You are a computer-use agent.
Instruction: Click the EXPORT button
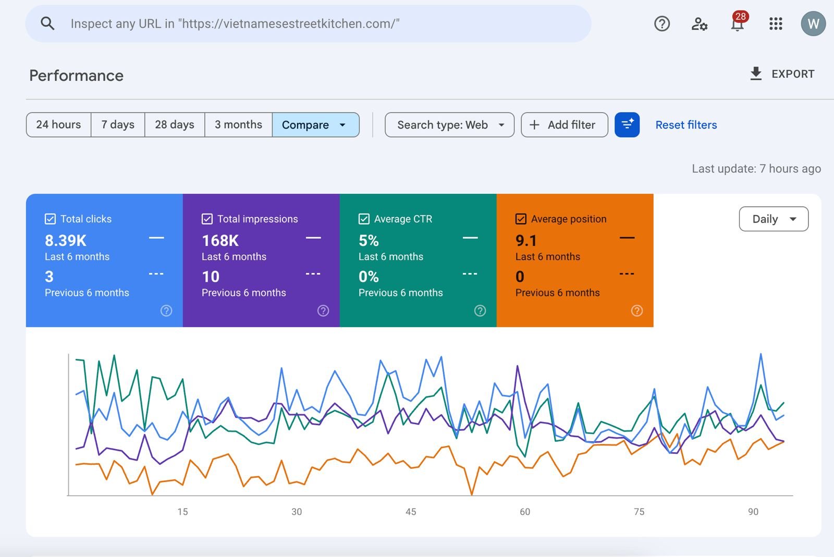click(782, 73)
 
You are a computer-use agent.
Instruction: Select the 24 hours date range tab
click(58, 125)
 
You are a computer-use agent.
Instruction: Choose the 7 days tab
click(118, 125)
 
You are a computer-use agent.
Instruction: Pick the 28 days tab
click(175, 125)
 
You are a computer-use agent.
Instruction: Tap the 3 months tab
click(238, 125)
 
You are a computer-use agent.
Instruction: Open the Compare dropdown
click(316, 125)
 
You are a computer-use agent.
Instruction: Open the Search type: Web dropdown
click(449, 125)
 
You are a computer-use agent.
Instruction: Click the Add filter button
click(565, 125)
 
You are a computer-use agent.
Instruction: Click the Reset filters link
click(686, 125)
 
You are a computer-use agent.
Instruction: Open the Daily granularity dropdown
click(774, 219)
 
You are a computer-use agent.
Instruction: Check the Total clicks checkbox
click(50, 219)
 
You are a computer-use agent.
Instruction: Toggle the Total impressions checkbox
click(207, 219)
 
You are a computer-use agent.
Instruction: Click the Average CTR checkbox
click(364, 219)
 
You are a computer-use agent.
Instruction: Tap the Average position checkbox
click(521, 219)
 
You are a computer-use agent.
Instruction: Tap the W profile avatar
click(813, 23)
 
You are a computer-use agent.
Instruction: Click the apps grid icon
click(776, 23)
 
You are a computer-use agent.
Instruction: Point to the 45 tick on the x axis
click(411, 512)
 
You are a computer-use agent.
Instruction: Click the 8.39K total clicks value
click(66, 240)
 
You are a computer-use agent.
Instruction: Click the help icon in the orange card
click(636, 311)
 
